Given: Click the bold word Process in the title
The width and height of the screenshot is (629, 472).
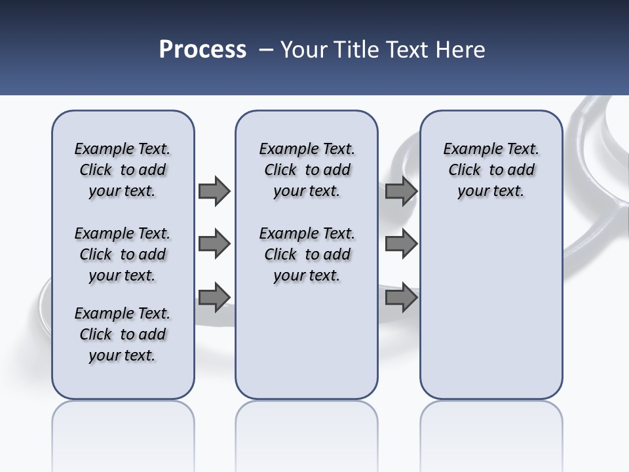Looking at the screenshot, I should click(202, 50).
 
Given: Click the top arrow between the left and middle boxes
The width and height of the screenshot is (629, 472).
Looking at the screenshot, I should click(214, 191).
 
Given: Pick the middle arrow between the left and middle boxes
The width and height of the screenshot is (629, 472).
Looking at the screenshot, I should click(214, 244).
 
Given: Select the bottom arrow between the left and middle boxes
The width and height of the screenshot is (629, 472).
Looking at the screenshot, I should click(214, 297).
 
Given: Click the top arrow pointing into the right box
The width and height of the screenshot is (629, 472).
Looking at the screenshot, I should click(401, 191).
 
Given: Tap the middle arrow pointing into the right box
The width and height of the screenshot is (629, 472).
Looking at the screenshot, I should click(401, 244).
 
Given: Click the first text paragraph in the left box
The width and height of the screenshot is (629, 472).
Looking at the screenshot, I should click(123, 170).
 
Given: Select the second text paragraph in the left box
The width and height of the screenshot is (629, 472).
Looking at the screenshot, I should click(123, 254).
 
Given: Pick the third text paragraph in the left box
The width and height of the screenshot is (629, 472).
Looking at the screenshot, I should click(123, 334).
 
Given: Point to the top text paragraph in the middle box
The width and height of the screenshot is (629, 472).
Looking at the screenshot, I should click(307, 170).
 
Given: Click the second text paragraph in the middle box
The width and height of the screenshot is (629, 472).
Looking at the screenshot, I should click(307, 254).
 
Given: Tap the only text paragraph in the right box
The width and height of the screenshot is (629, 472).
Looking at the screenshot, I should click(491, 170).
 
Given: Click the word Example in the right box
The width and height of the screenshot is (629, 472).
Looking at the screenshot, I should click(468, 149).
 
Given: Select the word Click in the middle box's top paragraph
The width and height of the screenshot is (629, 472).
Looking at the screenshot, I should click(280, 170).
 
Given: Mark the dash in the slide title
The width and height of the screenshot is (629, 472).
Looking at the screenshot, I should click(266, 50).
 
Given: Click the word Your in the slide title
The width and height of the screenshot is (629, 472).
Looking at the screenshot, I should click(303, 50).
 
